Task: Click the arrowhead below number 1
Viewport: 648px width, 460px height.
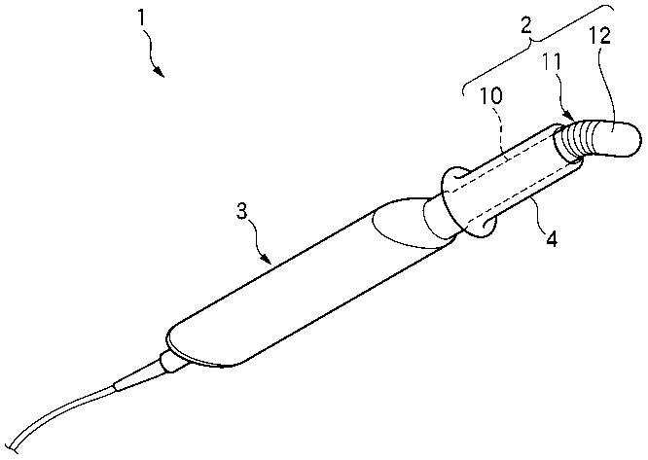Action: tap(158, 73)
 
